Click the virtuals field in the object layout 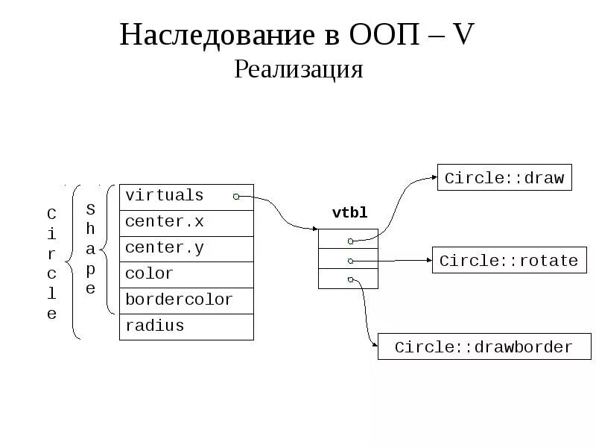186,197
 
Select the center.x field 186,222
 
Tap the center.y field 186,248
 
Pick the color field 186,274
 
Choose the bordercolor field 186,300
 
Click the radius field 186,326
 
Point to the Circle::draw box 504,178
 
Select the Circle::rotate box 509,261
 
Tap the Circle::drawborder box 484,347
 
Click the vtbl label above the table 349,213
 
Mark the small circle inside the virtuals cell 236,197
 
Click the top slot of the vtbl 349,239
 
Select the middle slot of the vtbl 349,259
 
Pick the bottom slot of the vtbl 349,279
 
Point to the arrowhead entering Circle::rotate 428,261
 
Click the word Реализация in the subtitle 298,69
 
